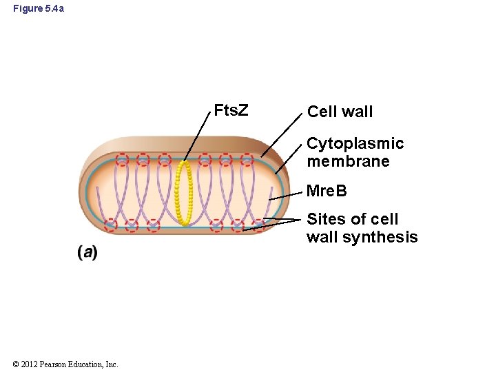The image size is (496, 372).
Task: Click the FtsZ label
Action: (231, 110)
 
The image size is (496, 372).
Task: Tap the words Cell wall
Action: (340, 112)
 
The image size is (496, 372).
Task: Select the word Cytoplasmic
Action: (355, 143)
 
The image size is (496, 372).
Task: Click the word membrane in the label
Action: (348, 161)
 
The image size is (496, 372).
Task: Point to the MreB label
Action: (327, 190)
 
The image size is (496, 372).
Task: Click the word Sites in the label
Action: (327, 219)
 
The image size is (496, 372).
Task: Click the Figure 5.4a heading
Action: (40, 8)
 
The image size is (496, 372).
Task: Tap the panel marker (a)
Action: (87, 252)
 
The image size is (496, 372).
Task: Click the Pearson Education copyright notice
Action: (65, 364)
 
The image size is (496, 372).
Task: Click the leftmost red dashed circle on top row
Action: (122, 160)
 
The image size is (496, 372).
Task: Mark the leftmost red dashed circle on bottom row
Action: (110, 225)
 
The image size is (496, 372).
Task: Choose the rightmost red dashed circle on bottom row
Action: (258, 225)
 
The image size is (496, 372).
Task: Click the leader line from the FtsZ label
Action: (198, 136)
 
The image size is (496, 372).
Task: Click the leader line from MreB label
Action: (286, 194)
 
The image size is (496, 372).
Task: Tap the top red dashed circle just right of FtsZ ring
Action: (205, 160)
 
